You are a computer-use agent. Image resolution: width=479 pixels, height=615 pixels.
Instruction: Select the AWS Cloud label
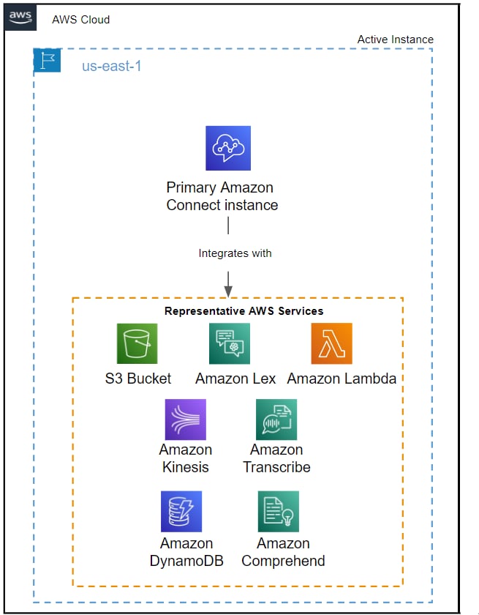(80, 19)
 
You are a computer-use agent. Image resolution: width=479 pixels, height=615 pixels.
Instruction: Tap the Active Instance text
(395, 40)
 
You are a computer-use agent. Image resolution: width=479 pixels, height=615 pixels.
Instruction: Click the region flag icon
(47, 60)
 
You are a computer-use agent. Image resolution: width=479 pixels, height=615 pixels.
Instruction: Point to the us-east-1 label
(111, 67)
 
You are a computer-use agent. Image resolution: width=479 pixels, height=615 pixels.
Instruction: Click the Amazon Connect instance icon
(227, 148)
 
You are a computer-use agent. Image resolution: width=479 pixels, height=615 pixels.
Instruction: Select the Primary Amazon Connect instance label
(222, 196)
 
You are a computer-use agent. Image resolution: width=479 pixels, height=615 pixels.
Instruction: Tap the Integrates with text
(235, 253)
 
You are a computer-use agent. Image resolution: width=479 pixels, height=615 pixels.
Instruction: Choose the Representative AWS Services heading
(244, 310)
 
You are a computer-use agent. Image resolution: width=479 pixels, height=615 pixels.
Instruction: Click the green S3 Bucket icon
(137, 343)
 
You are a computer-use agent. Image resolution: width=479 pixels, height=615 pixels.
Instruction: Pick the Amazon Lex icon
(230, 343)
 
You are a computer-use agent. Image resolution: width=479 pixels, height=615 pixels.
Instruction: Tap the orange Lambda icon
(331, 343)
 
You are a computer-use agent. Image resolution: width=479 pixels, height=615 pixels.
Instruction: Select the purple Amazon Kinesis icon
(185, 420)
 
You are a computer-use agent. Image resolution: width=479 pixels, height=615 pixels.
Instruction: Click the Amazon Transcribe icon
(276, 420)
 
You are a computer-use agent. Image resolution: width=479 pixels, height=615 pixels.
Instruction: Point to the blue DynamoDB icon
(181, 512)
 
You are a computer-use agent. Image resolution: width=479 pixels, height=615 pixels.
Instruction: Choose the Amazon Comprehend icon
(279, 512)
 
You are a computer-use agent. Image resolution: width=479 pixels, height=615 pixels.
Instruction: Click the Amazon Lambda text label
(342, 379)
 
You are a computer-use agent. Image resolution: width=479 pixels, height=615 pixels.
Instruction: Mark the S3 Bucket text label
(138, 379)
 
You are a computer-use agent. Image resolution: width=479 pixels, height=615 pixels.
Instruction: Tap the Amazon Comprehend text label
(283, 552)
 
